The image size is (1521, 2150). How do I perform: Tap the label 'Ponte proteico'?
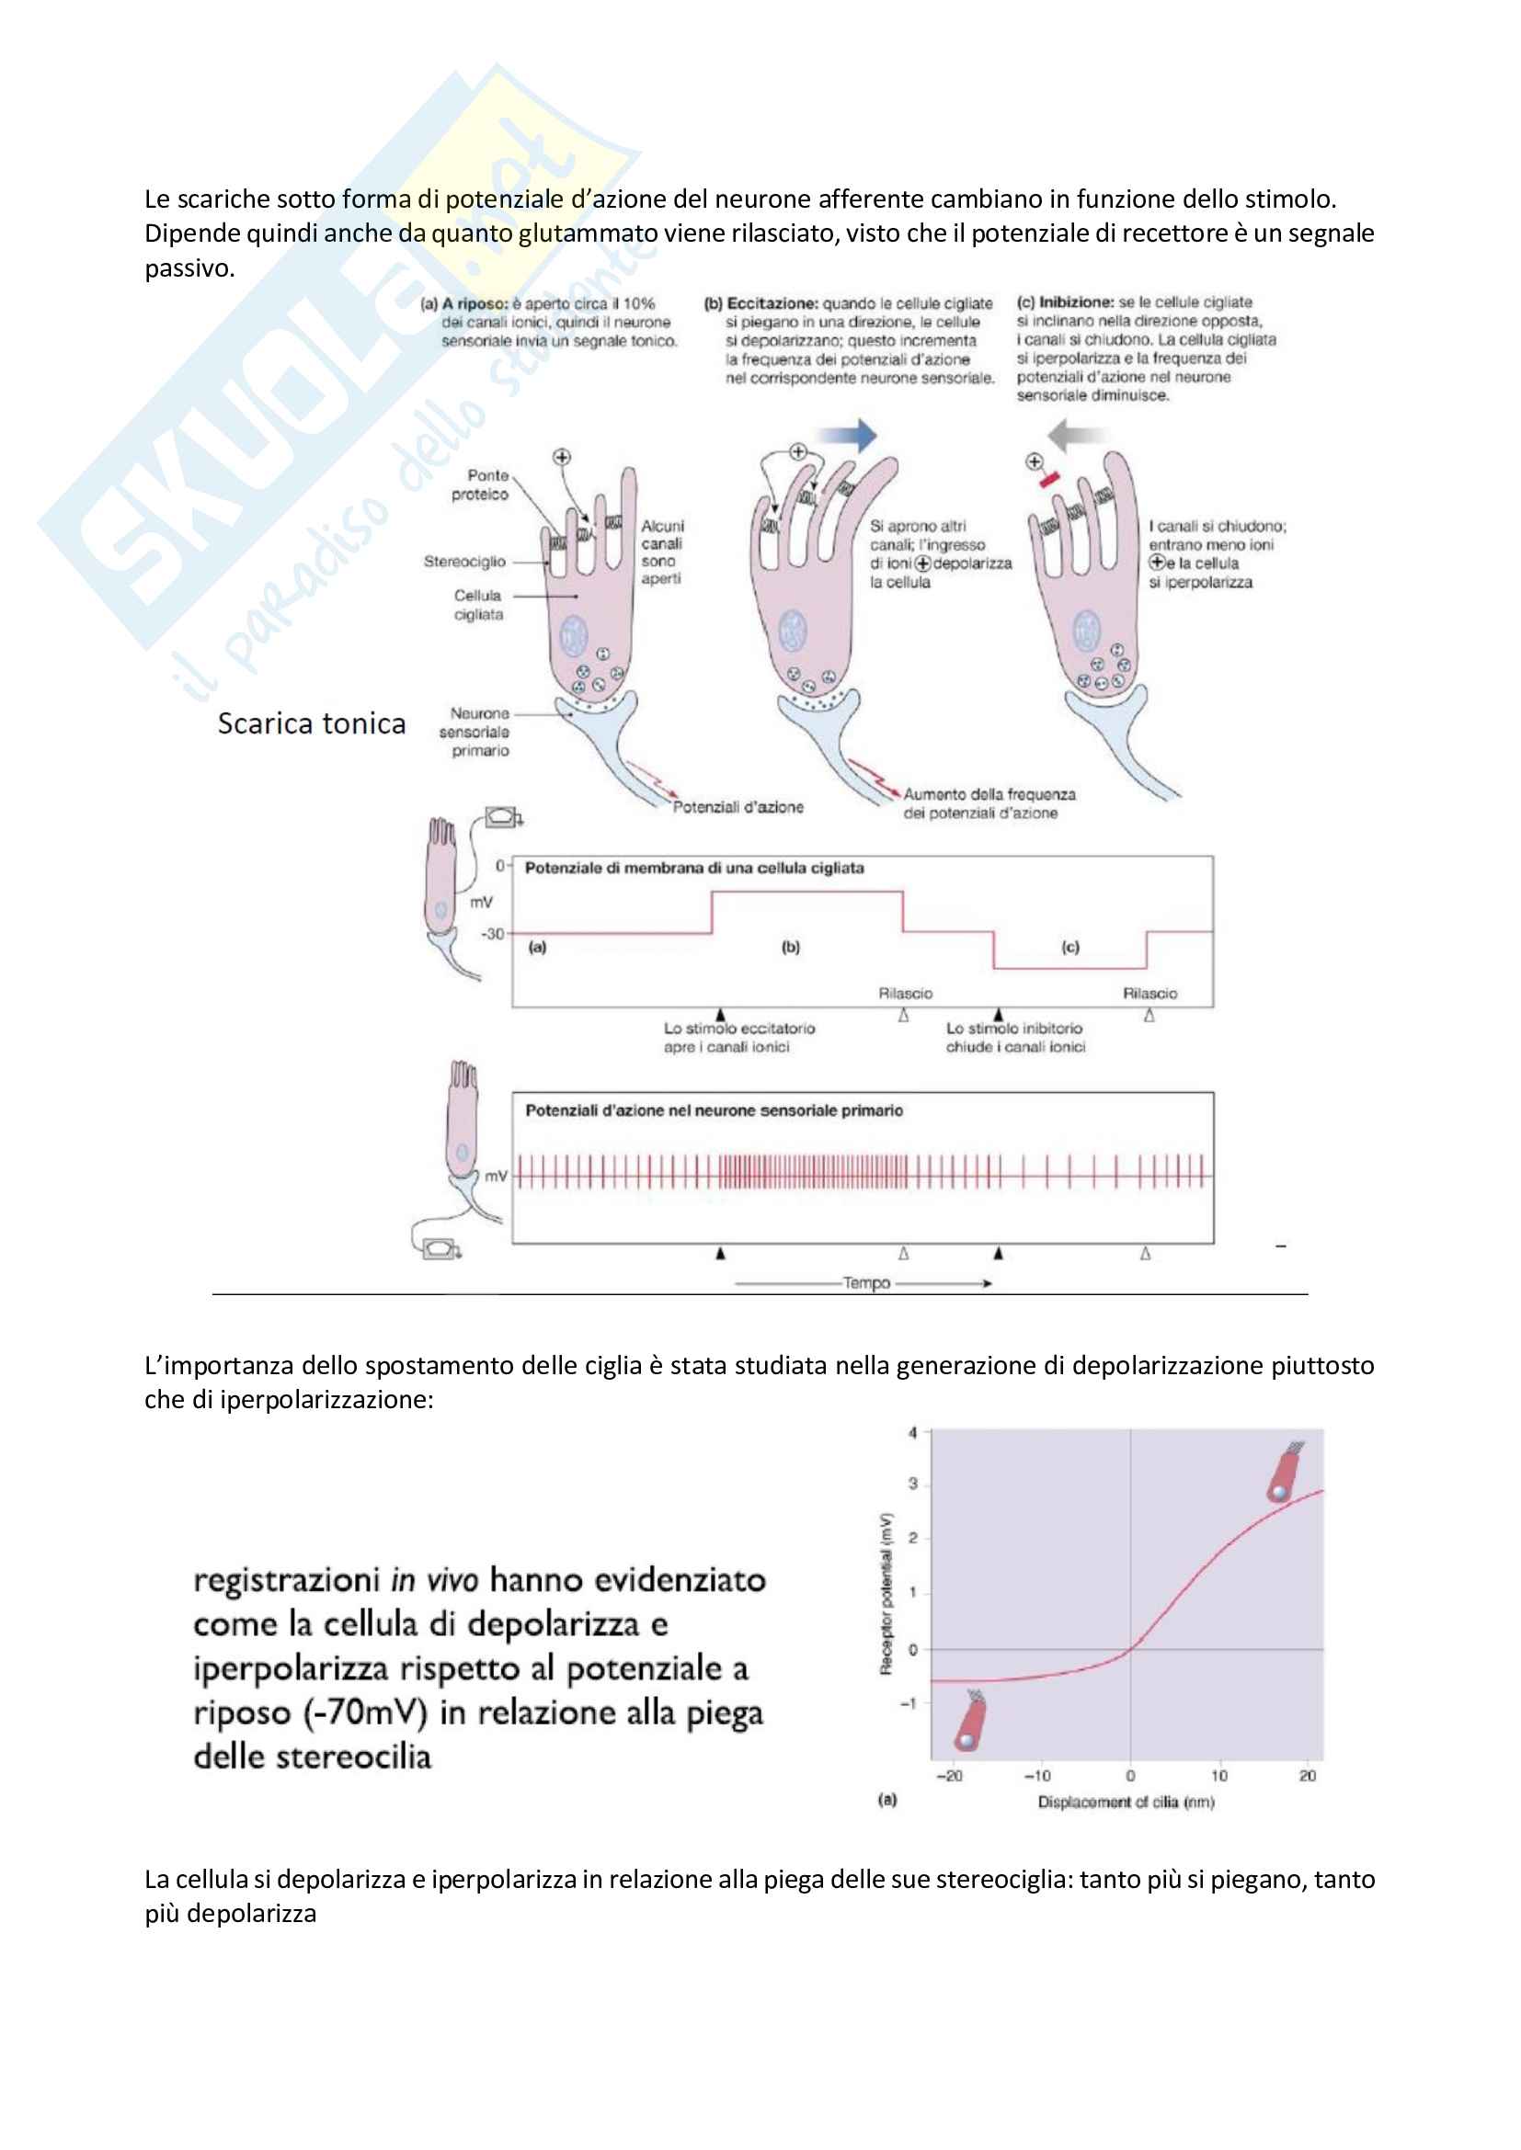pos(481,485)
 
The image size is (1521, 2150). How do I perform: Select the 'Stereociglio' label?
pos(464,562)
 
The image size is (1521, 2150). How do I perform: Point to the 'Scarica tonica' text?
pos(312,723)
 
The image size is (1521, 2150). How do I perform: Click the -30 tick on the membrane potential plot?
pos(493,934)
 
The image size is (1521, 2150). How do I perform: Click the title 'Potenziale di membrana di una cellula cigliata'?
pos(694,868)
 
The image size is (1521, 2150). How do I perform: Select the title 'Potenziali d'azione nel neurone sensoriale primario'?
pos(714,1110)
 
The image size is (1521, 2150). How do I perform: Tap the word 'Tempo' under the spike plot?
pos(866,1283)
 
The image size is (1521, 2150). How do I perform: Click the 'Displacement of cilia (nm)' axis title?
pos(1126,1803)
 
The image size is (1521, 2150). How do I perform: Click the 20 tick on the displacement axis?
pos(1308,1777)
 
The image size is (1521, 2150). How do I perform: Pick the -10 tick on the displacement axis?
pos(1037,1777)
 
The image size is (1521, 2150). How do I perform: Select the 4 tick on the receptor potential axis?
pos(913,1433)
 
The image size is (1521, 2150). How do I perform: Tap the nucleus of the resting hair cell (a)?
pos(573,637)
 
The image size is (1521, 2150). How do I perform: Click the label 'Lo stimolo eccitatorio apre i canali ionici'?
pos(739,1038)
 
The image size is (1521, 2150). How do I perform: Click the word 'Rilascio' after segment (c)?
pos(1150,994)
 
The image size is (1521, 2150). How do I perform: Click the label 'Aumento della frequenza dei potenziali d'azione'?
pos(989,803)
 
